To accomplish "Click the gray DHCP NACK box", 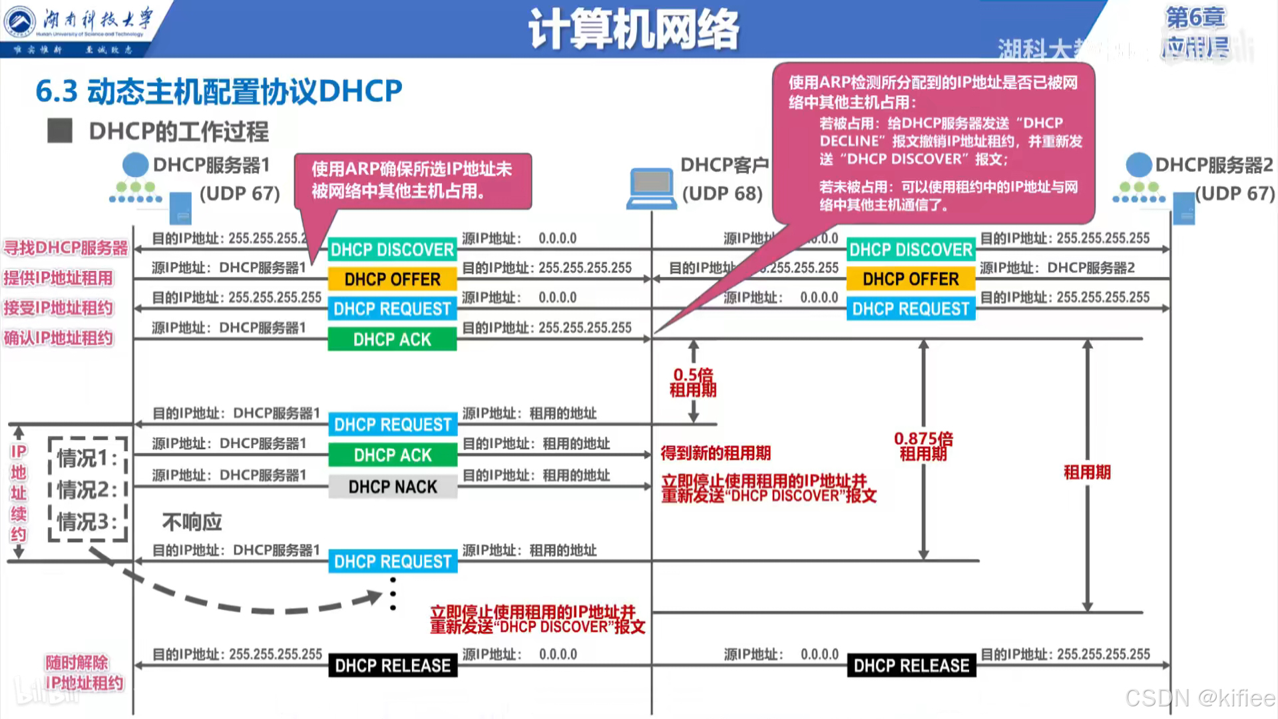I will pos(393,487).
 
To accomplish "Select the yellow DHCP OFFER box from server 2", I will pos(911,279).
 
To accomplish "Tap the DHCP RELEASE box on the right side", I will pos(911,665).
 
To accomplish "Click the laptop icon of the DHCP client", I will pos(652,188).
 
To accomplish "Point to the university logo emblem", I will pos(20,22).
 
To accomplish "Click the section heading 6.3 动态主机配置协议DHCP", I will pos(219,91).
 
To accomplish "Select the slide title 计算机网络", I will pos(633,29).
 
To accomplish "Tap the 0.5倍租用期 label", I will pos(693,382).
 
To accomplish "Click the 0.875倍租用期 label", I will pos(923,446).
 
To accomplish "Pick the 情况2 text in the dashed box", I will pos(87,490).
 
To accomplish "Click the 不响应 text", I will pos(192,522).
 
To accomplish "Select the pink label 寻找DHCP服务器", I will pos(65,248).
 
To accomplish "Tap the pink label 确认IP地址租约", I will pos(59,338).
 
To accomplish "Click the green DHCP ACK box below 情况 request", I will pos(393,455).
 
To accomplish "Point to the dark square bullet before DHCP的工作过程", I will pos(60,130).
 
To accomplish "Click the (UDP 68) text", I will pos(722,194).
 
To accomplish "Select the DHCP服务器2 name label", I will pos(1214,164).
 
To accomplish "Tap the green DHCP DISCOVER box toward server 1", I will pos(393,250).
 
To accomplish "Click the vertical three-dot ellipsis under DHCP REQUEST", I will pos(393,594).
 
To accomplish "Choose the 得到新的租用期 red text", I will pos(716,453).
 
